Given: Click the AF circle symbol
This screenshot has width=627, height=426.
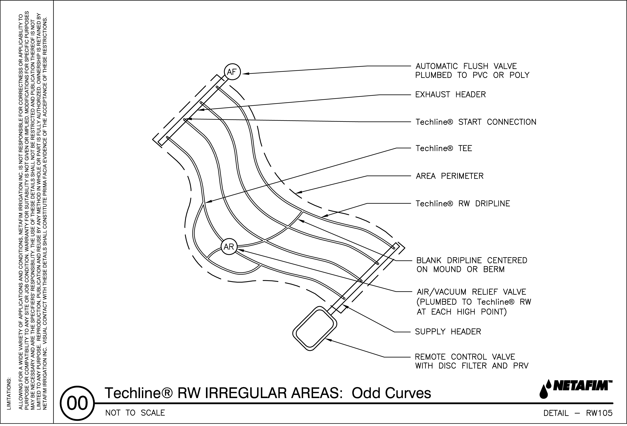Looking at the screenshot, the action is (x=232, y=72).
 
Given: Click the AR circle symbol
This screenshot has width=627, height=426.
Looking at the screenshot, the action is (x=229, y=247).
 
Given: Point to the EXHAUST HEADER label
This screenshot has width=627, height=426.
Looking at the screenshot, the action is (x=450, y=95).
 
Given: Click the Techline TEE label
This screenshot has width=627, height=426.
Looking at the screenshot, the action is (x=444, y=148).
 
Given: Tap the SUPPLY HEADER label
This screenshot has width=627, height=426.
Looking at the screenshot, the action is (x=448, y=332).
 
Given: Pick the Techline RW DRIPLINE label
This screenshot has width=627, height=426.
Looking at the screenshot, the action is (x=463, y=204).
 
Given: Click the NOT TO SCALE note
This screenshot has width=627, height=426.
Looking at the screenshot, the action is (x=135, y=413).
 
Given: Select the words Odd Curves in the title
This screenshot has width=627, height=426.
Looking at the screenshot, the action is (x=391, y=393).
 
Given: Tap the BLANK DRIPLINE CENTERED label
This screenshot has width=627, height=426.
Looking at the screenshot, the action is (x=472, y=260).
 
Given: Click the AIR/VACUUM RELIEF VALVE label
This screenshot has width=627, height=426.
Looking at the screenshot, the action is (x=471, y=292).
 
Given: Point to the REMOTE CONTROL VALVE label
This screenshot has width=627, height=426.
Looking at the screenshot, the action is (x=465, y=357).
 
